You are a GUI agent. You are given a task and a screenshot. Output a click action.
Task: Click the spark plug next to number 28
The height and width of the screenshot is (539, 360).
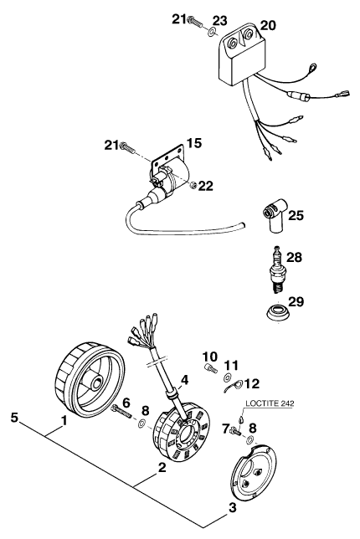(277, 269)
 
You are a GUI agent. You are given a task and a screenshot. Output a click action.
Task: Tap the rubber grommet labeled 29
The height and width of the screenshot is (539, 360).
(279, 313)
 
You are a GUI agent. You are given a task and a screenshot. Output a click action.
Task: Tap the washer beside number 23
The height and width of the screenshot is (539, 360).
(211, 32)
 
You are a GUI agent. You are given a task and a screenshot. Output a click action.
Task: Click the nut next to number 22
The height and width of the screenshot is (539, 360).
(193, 185)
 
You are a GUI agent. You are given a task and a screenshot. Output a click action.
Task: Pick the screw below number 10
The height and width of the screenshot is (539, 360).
(210, 367)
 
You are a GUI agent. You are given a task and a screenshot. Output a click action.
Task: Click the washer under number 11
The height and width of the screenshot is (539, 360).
(227, 377)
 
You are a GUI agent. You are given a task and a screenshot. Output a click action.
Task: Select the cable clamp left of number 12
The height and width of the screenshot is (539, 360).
(233, 386)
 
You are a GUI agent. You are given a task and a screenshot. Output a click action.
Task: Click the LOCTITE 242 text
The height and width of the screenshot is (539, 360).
(270, 403)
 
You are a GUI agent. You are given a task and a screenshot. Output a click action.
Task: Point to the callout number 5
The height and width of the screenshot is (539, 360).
(14, 418)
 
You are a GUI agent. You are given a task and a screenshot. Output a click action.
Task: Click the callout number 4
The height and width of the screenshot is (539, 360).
(185, 380)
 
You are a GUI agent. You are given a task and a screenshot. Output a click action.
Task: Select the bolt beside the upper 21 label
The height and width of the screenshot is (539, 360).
(195, 21)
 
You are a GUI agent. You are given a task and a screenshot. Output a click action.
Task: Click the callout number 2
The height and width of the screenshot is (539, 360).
(162, 468)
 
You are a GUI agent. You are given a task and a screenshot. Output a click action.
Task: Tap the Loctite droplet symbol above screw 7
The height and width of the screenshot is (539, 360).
(240, 419)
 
